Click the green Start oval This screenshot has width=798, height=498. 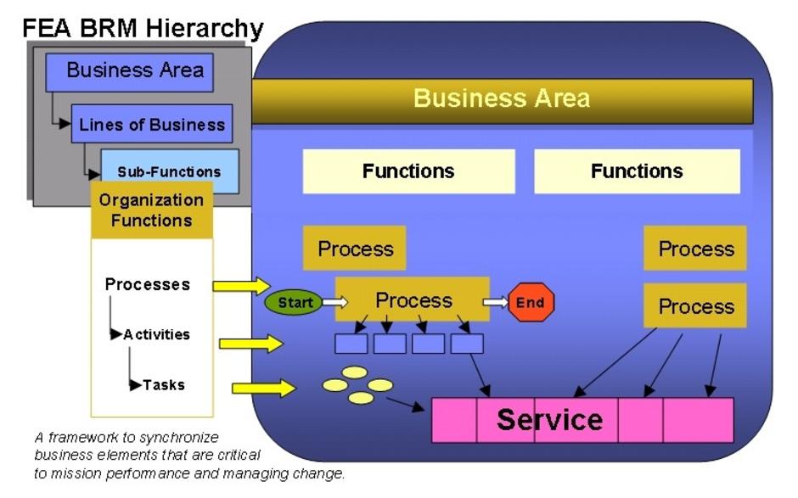click(x=294, y=302)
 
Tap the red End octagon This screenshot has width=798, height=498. click(x=531, y=302)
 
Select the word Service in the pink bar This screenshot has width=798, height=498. click(x=549, y=420)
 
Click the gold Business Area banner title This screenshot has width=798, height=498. click(x=502, y=98)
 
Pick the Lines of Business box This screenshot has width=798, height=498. click(x=152, y=124)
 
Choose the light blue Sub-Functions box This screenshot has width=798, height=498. click(x=170, y=171)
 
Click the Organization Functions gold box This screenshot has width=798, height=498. click(x=152, y=210)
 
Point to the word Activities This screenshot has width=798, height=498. click(x=157, y=334)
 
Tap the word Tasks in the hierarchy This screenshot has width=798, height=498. click(x=163, y=384)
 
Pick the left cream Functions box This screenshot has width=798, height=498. click(x=408, y=171)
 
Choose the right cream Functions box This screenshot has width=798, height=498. click(x=638, y=171)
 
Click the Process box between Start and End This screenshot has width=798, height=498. click(x=413, y=299)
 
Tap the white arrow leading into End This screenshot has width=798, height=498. click(x=496, y=303)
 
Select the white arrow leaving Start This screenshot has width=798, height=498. click(x=334, y=303)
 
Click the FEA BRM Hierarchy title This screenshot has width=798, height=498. click(x=143, y=29)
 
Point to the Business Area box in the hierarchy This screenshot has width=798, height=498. click(x=129, y=72)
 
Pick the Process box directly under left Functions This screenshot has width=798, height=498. click(x=355, y=249)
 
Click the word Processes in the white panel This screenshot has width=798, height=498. click(x=148, y=284)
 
